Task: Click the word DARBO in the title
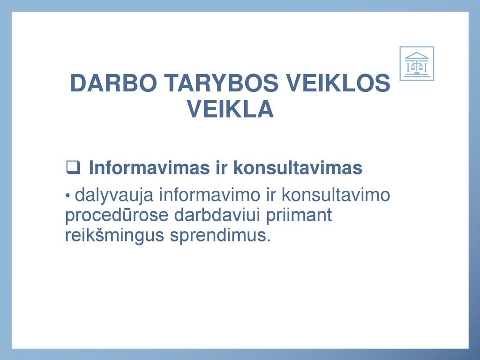[x=113, y=83]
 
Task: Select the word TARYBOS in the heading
[x=221, y=83]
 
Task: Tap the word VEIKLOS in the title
[x=338, y=83]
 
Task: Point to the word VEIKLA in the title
[x=230, y=109]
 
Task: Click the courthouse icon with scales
[x=417, y=63]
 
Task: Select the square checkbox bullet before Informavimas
[x=73, y=167]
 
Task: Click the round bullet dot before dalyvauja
[x=68, y=195]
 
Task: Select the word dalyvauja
[x=114, y=195]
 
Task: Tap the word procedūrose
[x=117, y=215]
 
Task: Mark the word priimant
[x=299, y=215]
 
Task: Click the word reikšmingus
[x=115, y=235]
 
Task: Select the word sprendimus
[x=220, y=235]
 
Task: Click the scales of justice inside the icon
[x=417, y=67]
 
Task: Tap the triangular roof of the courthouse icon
[x=417, y=55]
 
